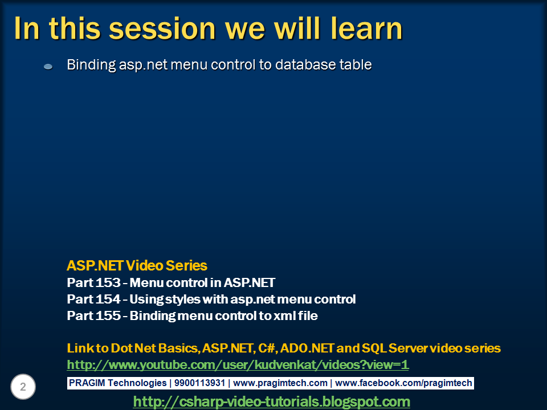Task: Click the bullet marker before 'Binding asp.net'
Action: click(x=48, y=67)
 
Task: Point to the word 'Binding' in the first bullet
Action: click(x=91, y=65)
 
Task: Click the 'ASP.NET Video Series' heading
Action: click(x=137, y=265)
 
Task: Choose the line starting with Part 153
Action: click(x=171, y=282)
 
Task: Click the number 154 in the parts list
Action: click(x=109, y=299)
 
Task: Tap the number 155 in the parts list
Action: click(x=109, y=315)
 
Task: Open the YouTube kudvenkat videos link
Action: click(x=238, y=364)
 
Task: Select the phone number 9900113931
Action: click(x=201, y=383)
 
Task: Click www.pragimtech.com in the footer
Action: click(x=280, y=383)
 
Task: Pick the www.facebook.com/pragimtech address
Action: click(x=405, y=383)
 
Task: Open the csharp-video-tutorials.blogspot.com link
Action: click(x=271, y=401)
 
